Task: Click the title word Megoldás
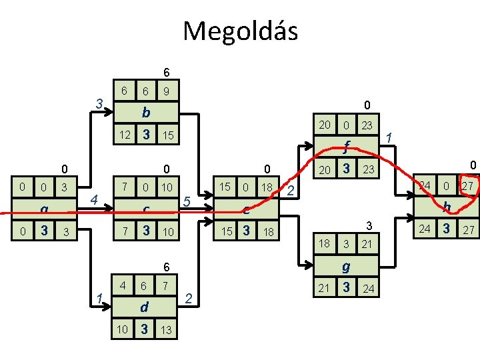pos(240,31)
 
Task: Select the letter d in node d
pos(143,308)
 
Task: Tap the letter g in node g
pos(346,266)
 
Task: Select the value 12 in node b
pos(123,135)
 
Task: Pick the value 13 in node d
pos(167,331)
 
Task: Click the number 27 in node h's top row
pos(468,185)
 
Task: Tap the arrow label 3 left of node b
pos(98,104)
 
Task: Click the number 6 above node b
pos(167,72)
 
